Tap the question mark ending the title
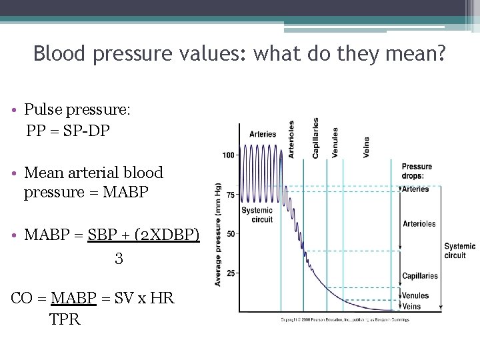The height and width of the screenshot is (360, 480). pyautogui.click(x=440, y=53)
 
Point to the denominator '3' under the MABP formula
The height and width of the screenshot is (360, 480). pyautogui.click(x=119, y=258)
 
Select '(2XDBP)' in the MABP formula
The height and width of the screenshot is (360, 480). pyautogui.click(x=167, y=235)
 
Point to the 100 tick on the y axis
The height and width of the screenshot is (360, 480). pyautogui.click(x=228, y=155)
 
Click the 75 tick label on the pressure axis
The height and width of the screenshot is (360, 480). pyautogui.click(x=230, y=195)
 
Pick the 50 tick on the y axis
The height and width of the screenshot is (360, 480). pyautogui.click(x=230, y=234)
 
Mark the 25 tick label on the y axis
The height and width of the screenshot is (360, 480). pyautogui.click(x=230, y=273)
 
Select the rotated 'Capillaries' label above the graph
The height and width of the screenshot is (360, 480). pyautogui.click(x=315, y=138)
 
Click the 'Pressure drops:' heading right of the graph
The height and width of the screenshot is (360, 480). pyautogui.click(x=417, y=171)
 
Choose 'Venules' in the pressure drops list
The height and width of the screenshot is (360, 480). pyautogui.click(x=416, y=295)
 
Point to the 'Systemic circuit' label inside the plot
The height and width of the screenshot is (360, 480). pyautogui.click(x=257, y=215)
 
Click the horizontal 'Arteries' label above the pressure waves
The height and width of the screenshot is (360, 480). pyautogui.click(x=263, y=134)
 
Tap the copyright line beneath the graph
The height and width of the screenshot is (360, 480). pyautogui.click(x=344, y=320)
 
